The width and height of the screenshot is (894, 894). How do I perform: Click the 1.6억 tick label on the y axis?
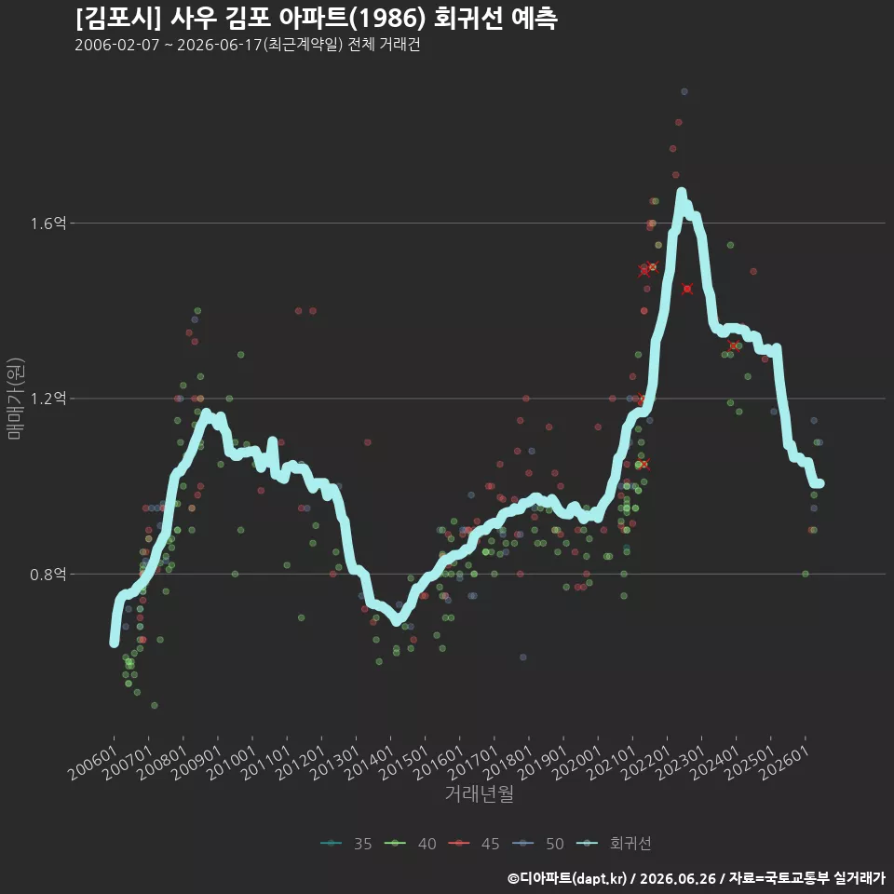pos(47,223)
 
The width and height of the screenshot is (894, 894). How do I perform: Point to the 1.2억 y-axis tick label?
pos(47,398)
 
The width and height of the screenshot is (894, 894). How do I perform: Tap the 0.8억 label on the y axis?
pos(47,574)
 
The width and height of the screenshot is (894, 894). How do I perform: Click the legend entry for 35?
pos(346,844)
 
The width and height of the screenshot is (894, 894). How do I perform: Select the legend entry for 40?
pos(411,844)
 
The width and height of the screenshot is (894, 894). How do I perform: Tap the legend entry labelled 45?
pos(474,844)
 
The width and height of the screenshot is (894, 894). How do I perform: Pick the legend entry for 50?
pos(538,844)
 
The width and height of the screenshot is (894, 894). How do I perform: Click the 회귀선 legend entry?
pos(614,844)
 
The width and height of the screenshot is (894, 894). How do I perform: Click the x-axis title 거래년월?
pos(479,793)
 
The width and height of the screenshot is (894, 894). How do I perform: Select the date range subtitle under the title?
pos(248,45)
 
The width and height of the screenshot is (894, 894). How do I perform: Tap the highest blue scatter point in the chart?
pos(684,91)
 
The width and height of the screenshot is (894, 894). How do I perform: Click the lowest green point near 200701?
pos(154,705)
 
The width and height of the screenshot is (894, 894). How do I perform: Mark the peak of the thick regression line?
pos(681,192)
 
